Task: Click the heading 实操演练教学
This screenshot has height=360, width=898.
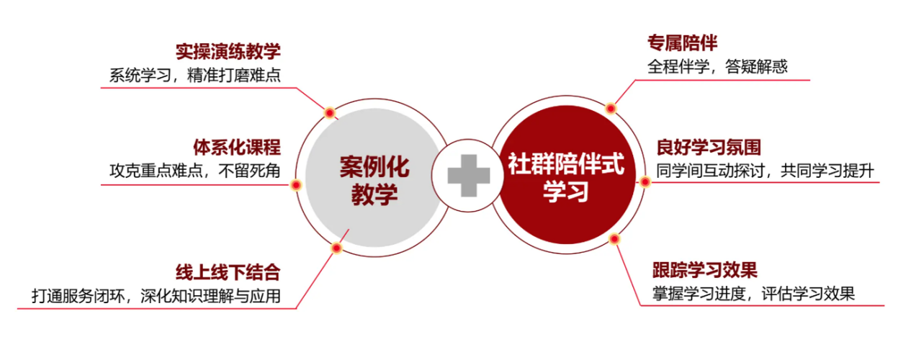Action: pos(228,51)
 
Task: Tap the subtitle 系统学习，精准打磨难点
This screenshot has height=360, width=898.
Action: pos(195,75)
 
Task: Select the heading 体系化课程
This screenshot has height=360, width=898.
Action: pos(237,147)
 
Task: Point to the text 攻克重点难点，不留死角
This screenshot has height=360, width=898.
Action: pos(195,171)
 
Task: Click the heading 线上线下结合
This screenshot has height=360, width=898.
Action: pos(228,273)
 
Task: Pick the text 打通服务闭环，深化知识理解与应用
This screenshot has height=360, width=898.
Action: pos(156,296)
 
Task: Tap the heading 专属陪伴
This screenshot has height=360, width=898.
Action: pos(682,43)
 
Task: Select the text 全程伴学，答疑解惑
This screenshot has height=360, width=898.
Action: pos(717,66)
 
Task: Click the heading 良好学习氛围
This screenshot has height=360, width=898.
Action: pos(709,147)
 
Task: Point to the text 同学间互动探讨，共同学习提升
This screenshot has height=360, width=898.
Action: pos(765,171)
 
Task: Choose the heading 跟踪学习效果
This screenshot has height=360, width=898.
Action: pos(705,270)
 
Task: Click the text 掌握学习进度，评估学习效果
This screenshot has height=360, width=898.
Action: pos(754,294)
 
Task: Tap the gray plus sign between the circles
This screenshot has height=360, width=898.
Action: pos(469,176)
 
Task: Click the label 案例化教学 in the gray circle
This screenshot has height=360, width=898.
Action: pos(375,181)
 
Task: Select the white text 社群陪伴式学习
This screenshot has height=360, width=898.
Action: pos(566,177)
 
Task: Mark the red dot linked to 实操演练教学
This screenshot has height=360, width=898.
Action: pos(330,113)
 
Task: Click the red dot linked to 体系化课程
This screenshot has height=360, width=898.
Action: pos(296,185)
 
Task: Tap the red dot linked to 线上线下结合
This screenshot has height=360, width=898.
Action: pos(337,248)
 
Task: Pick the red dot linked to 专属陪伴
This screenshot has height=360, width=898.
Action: pos(611,108)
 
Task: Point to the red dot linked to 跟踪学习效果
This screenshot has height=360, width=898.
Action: pos(614,239)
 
